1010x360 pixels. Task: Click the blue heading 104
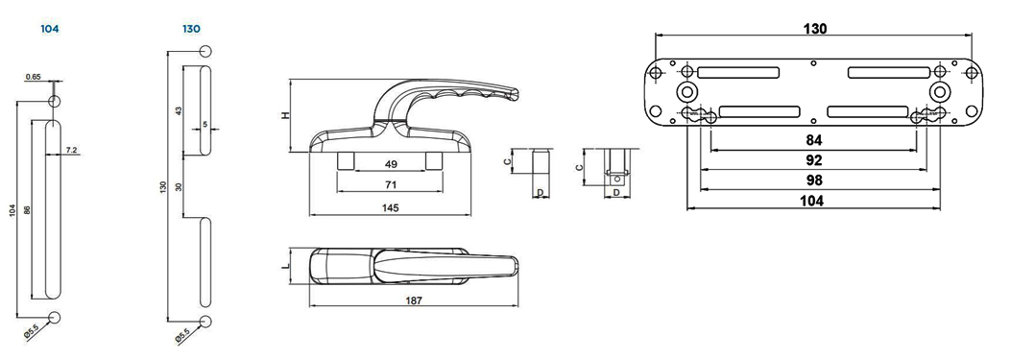coord(50,29)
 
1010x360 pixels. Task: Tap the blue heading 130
coord(191,29)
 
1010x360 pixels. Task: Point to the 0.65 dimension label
coord(34,77)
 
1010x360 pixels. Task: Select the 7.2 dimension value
coord(72,150)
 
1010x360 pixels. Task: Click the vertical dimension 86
coord(27,210)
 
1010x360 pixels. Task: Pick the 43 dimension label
coord(179,110)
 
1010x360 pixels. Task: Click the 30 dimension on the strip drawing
coord(179,187)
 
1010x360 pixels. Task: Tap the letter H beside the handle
coord(286,115)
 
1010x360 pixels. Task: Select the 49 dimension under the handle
coord(391,164)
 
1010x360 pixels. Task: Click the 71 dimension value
coord(391,185)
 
